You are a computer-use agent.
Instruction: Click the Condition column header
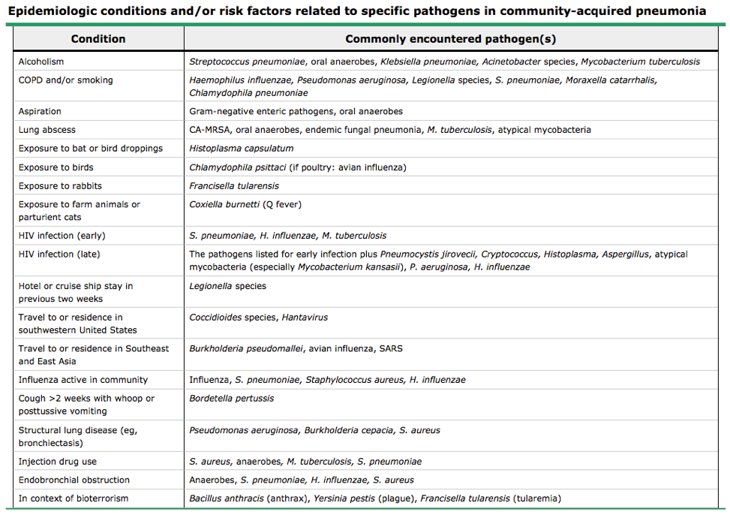[98, 39]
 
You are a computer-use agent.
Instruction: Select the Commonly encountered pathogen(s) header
[450, 39]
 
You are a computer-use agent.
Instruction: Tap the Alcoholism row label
[41, 62]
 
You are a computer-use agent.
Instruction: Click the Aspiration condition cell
[40, 111]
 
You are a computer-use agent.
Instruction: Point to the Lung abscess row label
[47, 130]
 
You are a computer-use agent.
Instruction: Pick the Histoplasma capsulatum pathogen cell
[241, 149]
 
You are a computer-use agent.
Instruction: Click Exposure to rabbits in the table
[60, 186]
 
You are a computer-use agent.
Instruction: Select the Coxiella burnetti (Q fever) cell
[245, 204]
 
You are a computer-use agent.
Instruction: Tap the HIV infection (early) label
[61, 236]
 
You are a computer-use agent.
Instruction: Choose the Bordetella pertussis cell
[231, 399]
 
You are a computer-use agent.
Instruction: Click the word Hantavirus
[305, 318]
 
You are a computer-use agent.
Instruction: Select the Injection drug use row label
[58, 462]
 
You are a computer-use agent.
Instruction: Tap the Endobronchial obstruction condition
[74, 480]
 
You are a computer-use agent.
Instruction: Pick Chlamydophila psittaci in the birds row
[238, 167]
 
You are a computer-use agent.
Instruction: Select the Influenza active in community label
[83, 380]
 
